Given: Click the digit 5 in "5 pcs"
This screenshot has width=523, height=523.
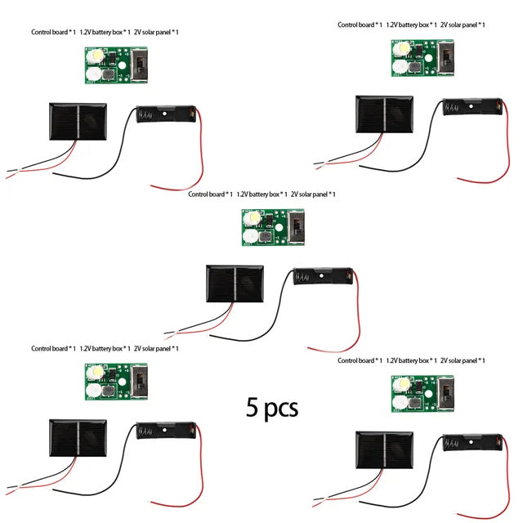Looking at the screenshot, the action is click(252, 407).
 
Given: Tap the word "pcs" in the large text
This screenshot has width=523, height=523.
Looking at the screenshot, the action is click(281, 409).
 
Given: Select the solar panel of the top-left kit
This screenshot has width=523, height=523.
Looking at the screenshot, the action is click(78, 122).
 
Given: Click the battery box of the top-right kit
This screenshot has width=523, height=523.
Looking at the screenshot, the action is click(472, 107).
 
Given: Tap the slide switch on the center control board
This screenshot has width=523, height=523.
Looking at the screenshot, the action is click(296, 227).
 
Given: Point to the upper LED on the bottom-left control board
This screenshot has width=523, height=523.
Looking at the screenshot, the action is click(96, 373).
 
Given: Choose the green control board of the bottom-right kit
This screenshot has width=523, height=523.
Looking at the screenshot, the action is click(422, 394).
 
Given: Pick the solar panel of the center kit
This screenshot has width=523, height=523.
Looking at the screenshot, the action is click(235, 284).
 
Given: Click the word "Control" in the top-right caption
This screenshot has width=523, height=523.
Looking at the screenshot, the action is click(346, 25).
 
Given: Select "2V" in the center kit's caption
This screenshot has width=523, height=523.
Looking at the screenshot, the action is click(294, 194).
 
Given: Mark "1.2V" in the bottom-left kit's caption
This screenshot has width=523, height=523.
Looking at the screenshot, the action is click(85, 349).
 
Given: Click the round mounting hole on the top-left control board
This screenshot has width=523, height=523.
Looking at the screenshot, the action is click(122, 65).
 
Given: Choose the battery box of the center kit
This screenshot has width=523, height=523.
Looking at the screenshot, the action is click(323, 276).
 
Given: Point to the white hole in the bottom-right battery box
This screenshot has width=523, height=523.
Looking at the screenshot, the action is click(471, 442).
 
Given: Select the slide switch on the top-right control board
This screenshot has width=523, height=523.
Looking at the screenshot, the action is click(446, 57).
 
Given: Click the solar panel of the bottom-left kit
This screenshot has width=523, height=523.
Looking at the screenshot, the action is click(78, 438).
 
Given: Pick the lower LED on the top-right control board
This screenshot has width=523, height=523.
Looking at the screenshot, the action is click(400, 67).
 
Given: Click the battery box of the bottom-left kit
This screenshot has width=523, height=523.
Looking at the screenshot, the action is click(166, 431).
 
